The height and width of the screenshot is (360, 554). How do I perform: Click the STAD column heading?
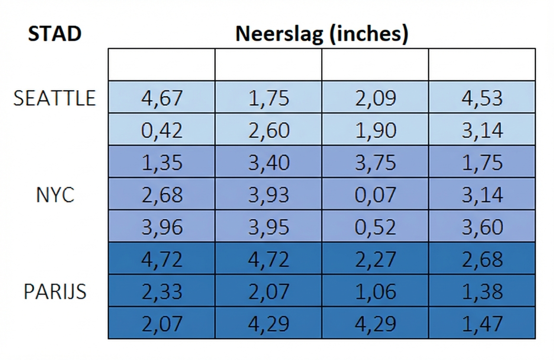(x=55, y=34)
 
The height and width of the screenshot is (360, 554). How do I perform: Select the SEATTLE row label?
(x=55, y=99)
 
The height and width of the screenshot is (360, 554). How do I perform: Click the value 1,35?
(x=162, y=163)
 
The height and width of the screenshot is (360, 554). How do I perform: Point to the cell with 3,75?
(x=375, y=163)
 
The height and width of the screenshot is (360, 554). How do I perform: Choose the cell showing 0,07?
(x=375, y=195)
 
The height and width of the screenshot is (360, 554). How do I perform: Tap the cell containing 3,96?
(x=162, y=227)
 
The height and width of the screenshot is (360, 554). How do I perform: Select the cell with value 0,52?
(x=375, y=227)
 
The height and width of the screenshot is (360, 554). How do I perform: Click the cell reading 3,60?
(x=482, y=227)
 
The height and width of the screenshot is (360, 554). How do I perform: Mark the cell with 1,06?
(x=375, y=292)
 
